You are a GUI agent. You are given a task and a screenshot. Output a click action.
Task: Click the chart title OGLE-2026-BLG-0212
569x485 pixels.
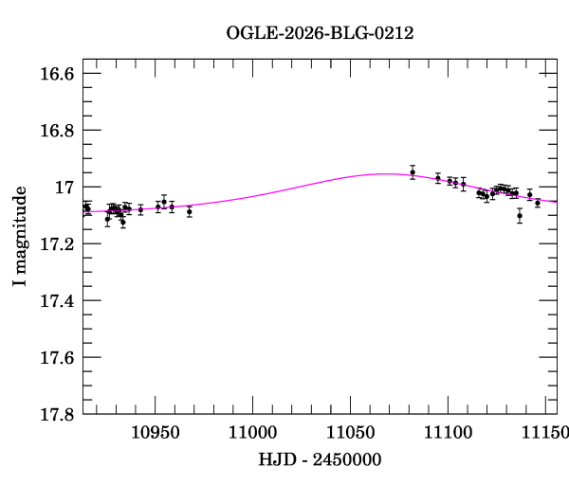click(320, 33)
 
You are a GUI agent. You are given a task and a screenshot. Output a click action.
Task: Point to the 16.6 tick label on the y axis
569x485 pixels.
click(58, 74)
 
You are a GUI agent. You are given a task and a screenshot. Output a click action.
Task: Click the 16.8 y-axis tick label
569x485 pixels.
click(58, 131)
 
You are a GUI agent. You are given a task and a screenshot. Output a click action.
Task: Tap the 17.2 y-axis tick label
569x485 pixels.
click(58, 244)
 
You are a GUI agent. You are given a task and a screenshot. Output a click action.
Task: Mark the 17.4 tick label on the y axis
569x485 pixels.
click(58, 301)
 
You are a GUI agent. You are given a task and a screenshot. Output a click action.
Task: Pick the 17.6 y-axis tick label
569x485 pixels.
click(58, 358)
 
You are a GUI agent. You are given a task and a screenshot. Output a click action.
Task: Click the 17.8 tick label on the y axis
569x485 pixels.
click(58, 415)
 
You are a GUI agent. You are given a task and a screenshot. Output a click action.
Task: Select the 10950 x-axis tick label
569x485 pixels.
click(155, 433)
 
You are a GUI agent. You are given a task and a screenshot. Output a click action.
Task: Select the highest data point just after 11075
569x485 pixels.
click(413, 171)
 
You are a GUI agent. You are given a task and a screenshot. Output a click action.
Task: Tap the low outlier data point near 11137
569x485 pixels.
click(520, 215)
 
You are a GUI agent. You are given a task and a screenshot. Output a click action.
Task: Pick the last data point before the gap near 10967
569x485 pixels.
click(190, 211)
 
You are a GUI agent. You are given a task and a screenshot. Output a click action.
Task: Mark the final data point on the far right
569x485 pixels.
click(538, 203)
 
